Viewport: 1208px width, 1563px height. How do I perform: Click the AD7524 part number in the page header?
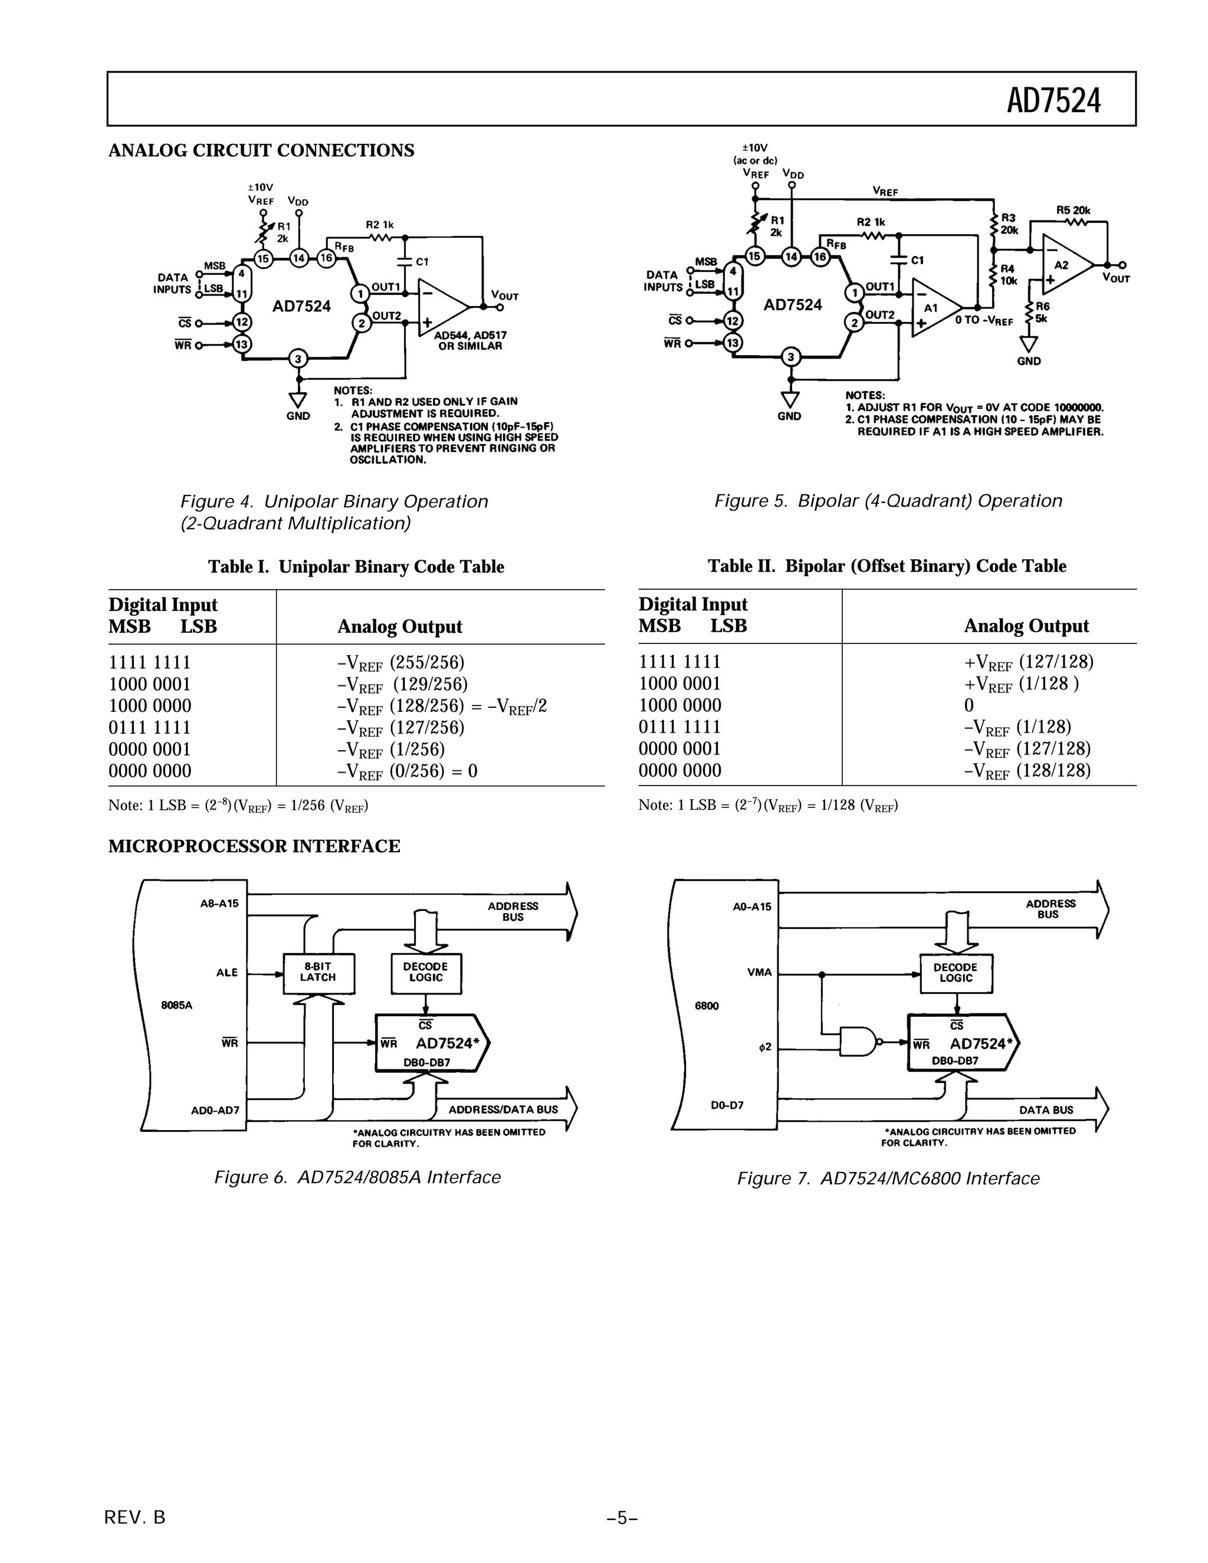[1053, 100]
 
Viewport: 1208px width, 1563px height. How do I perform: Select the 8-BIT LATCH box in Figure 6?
[319, 973]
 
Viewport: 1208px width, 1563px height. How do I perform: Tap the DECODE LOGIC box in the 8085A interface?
[426, 973]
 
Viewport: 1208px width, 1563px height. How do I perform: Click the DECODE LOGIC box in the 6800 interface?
[956, 973]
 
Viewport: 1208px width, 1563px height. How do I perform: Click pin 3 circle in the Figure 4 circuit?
[298, 359]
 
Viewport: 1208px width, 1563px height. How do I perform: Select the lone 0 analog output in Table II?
[969, 705]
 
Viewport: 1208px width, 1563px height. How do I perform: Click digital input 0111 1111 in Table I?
[150, 728]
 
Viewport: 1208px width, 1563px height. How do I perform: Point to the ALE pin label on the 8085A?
[227, 973]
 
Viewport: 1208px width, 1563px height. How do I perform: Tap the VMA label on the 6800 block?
[759, 973]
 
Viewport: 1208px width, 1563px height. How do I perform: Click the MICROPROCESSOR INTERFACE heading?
[254, 846]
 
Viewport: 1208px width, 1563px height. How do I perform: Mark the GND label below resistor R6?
[1028, 362]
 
